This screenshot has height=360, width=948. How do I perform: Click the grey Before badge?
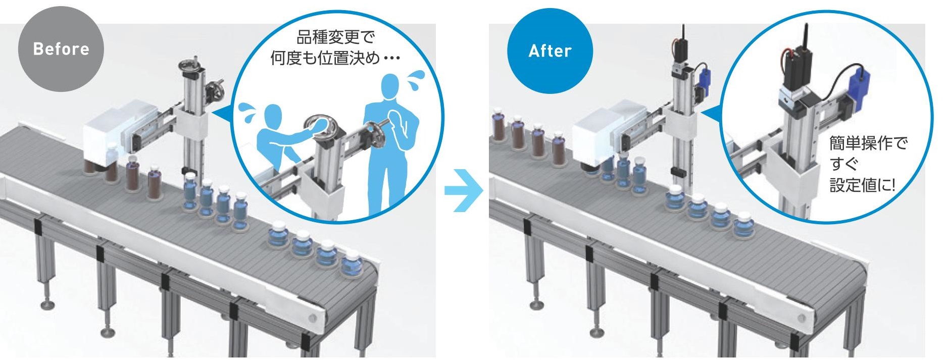click(61, 49)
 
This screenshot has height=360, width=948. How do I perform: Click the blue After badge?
click(550, 50)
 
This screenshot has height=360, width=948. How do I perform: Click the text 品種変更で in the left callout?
click(335, 37)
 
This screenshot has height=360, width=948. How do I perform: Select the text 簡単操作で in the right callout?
click(868, 143)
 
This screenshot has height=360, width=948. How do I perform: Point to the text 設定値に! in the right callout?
click(862, 185)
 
